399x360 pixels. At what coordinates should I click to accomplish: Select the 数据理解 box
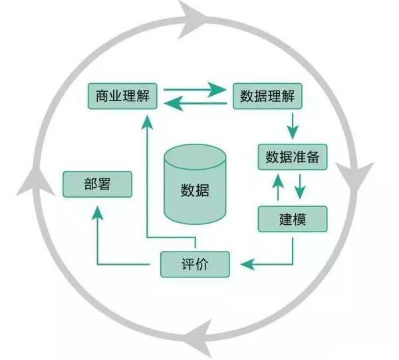(x=267, y=96)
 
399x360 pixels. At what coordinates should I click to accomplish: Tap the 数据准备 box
(x=293, y=157)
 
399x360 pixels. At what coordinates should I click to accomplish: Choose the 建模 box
(x=293, y=219)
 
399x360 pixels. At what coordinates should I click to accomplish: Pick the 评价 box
(x=196, y=264)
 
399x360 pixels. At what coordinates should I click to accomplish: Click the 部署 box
(x=98, y=184)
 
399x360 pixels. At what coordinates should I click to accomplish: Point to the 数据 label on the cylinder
(x=195, y=190)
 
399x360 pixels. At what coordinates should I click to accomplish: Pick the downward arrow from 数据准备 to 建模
(x=300, y=187)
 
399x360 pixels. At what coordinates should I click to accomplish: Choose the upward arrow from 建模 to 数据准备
(x=279, y=187)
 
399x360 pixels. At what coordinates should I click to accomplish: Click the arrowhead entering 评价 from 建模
(x=245, y=264)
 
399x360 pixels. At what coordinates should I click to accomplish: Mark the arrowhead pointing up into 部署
(x=98, y=212)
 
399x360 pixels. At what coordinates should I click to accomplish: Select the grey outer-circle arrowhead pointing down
(x=359, y=176)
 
